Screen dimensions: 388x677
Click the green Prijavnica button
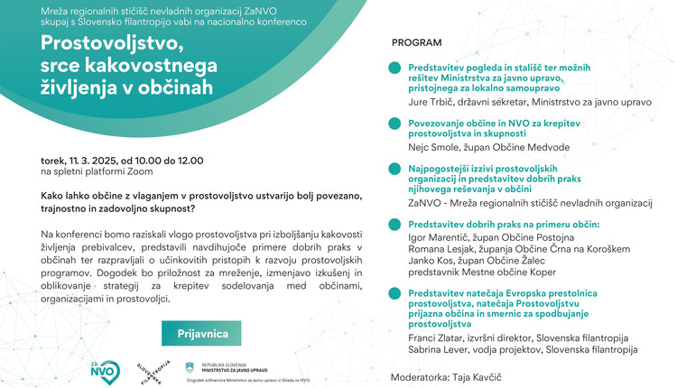(x=201, y=333)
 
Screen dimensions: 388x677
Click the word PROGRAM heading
(x=417, y=42)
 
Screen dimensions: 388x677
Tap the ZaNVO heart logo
(x=104, y=369)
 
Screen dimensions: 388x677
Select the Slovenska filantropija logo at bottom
(x=150, y=369)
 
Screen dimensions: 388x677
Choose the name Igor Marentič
(x=435, y=236)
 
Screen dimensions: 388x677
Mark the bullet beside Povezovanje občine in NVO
(x=394, y=123)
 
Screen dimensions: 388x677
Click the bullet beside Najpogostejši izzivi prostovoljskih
(x=394, y=168)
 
